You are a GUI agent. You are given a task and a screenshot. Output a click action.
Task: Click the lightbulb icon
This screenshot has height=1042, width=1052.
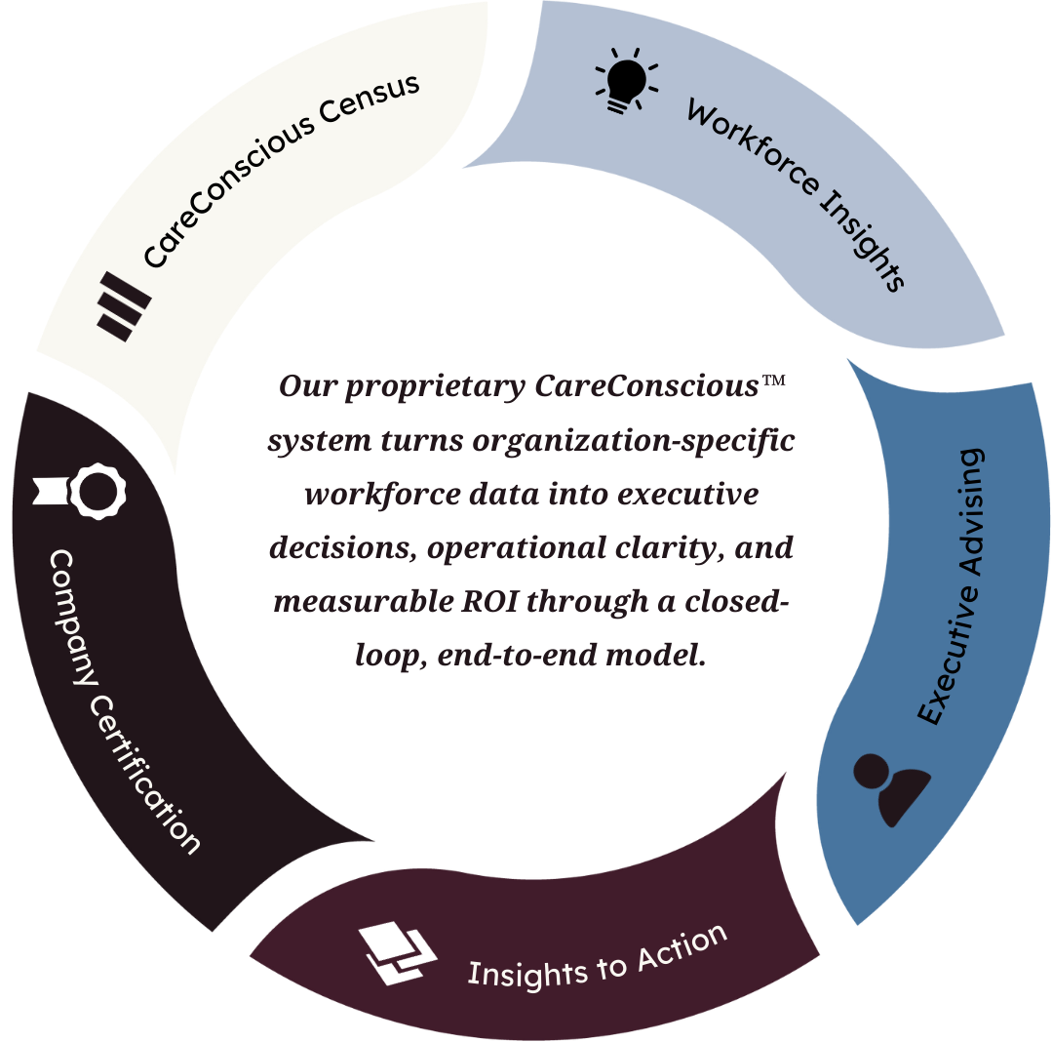625,78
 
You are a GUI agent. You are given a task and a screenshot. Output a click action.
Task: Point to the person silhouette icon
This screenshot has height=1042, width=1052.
891,782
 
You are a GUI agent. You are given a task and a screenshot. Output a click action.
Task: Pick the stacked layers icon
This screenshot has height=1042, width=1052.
398,952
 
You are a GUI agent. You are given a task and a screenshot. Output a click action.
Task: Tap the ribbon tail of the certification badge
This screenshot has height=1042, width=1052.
48,490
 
